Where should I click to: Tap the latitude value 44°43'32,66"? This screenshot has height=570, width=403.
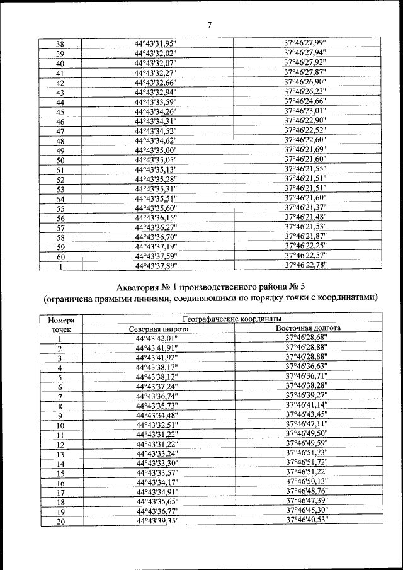pos(156,83)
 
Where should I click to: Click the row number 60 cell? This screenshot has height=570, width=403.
pos(60,256)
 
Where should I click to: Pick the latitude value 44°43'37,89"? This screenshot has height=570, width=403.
pos(156,266)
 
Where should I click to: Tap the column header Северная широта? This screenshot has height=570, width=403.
pos(158,329)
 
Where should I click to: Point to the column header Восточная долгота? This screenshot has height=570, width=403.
pos(309,329)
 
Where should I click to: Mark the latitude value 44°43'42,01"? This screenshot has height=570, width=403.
pos(157,338)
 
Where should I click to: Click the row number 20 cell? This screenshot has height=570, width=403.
pos(60,522)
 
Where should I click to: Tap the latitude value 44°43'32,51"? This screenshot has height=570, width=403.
pos(157,425)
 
